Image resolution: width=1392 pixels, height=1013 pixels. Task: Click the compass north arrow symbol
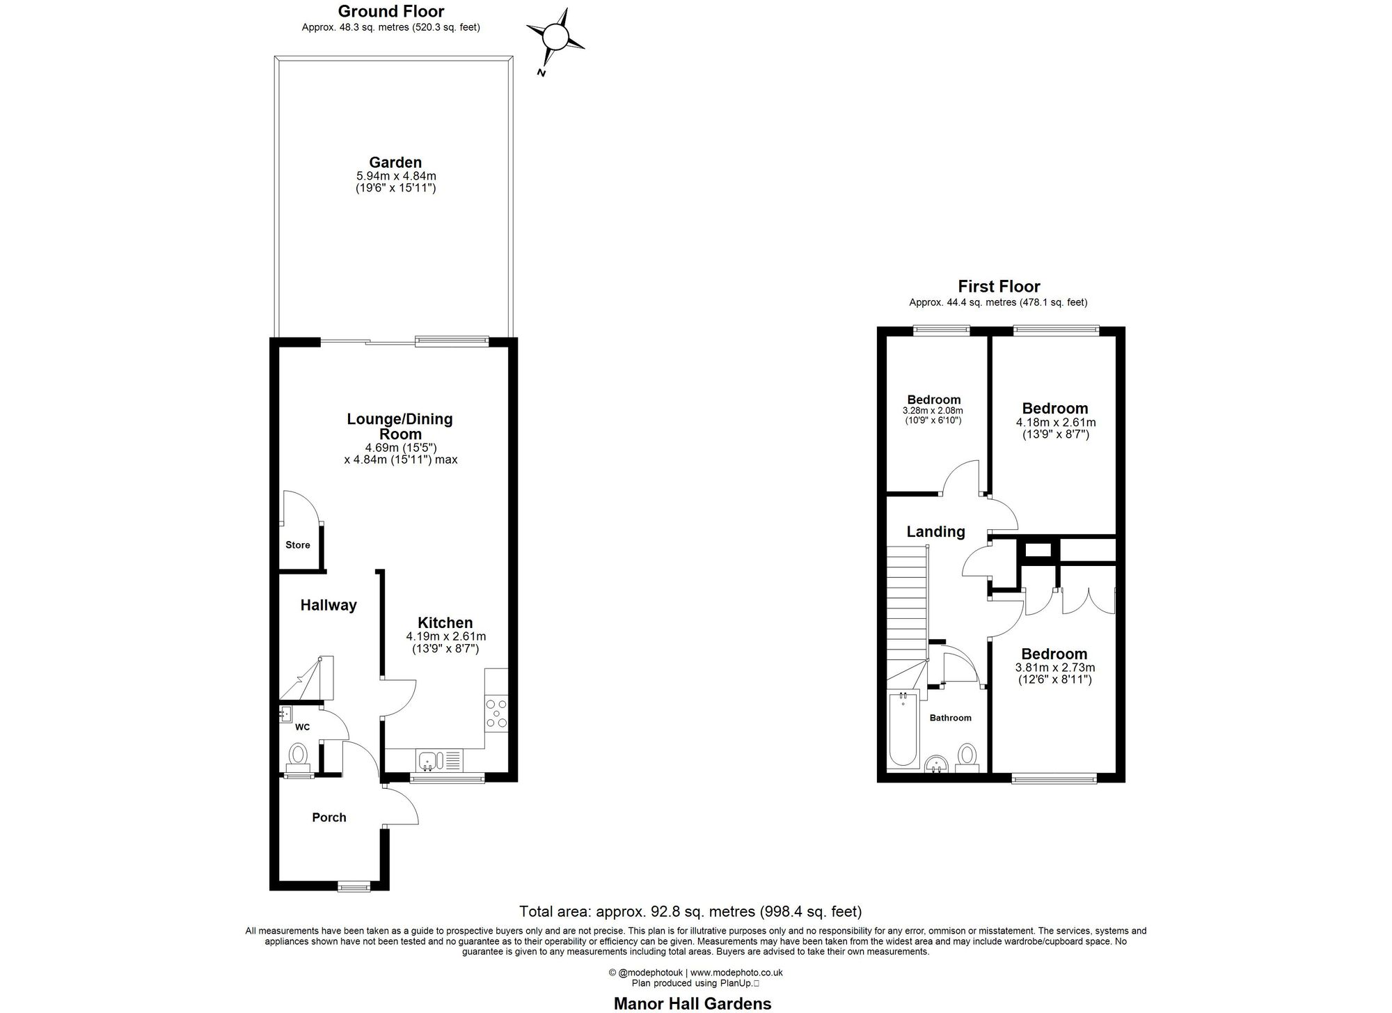click(x=555, y=37)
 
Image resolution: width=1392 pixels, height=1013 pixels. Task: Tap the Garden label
click(x=395, y=163)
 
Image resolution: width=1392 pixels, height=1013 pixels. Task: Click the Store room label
click(x=298, y=545)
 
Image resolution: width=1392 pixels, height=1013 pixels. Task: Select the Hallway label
click(x=329, y=605)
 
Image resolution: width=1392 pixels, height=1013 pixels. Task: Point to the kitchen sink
click(x=429, y=760)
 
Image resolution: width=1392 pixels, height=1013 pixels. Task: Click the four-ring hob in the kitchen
click(x=497, y=713)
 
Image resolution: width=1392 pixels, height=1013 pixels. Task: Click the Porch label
click(x=329, y=817)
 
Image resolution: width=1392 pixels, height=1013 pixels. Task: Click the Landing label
click(x=935, y=532)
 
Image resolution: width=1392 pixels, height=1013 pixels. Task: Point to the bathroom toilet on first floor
click(x=967, y=757)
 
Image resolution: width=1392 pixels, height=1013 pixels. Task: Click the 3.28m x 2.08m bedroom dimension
click(x=933, y=411)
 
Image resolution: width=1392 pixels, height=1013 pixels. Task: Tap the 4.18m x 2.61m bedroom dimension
click(x=1056, y=422)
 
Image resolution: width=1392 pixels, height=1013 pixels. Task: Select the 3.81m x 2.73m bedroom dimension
click(x=1054, y=667)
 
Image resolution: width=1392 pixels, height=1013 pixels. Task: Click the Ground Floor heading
click(x=391, y=11)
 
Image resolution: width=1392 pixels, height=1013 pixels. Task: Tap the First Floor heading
click(x=999, y=286)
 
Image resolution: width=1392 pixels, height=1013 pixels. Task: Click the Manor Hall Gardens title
click(x=693, y=1003)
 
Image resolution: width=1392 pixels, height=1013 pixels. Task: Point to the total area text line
click(x=690, y=911)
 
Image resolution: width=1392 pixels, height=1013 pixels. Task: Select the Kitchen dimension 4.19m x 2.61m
click(x=446, y=636)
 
